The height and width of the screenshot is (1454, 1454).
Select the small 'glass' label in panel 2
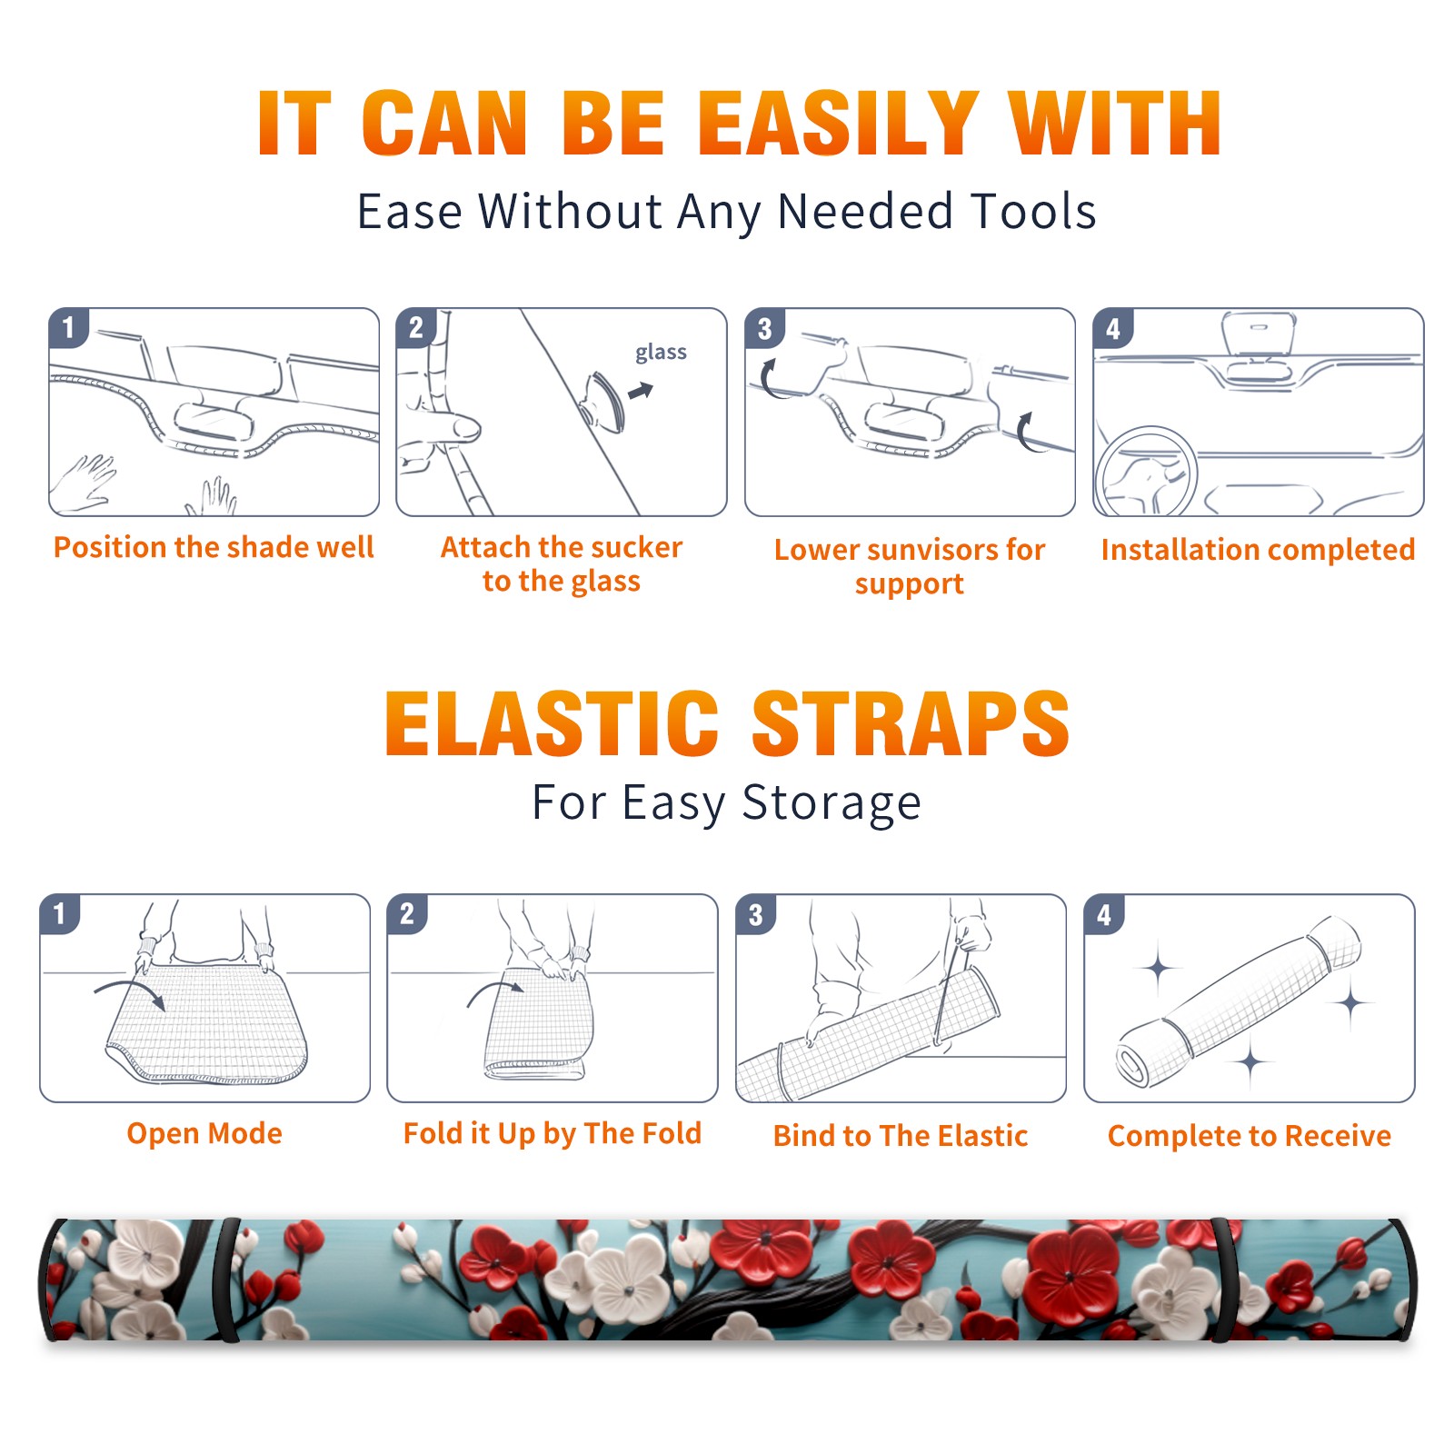(661, 353)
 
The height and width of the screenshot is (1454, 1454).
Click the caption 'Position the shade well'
(214, 547)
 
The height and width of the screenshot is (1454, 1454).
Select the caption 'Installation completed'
(1258, 550)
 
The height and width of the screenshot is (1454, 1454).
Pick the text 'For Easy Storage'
(727, 803)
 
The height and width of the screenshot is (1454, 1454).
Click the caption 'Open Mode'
(204, 1133)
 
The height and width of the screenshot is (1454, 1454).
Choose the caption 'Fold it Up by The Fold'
(553, 1134)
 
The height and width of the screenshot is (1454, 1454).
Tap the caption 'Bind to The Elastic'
(901, 1136)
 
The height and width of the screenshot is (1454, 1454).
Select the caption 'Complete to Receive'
(1250, 1136)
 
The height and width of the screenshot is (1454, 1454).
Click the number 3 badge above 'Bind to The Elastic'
(756, 914)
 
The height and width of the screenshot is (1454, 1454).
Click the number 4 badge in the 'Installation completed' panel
(1113, 328)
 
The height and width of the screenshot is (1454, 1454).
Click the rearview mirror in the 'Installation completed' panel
(1259, 334)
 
